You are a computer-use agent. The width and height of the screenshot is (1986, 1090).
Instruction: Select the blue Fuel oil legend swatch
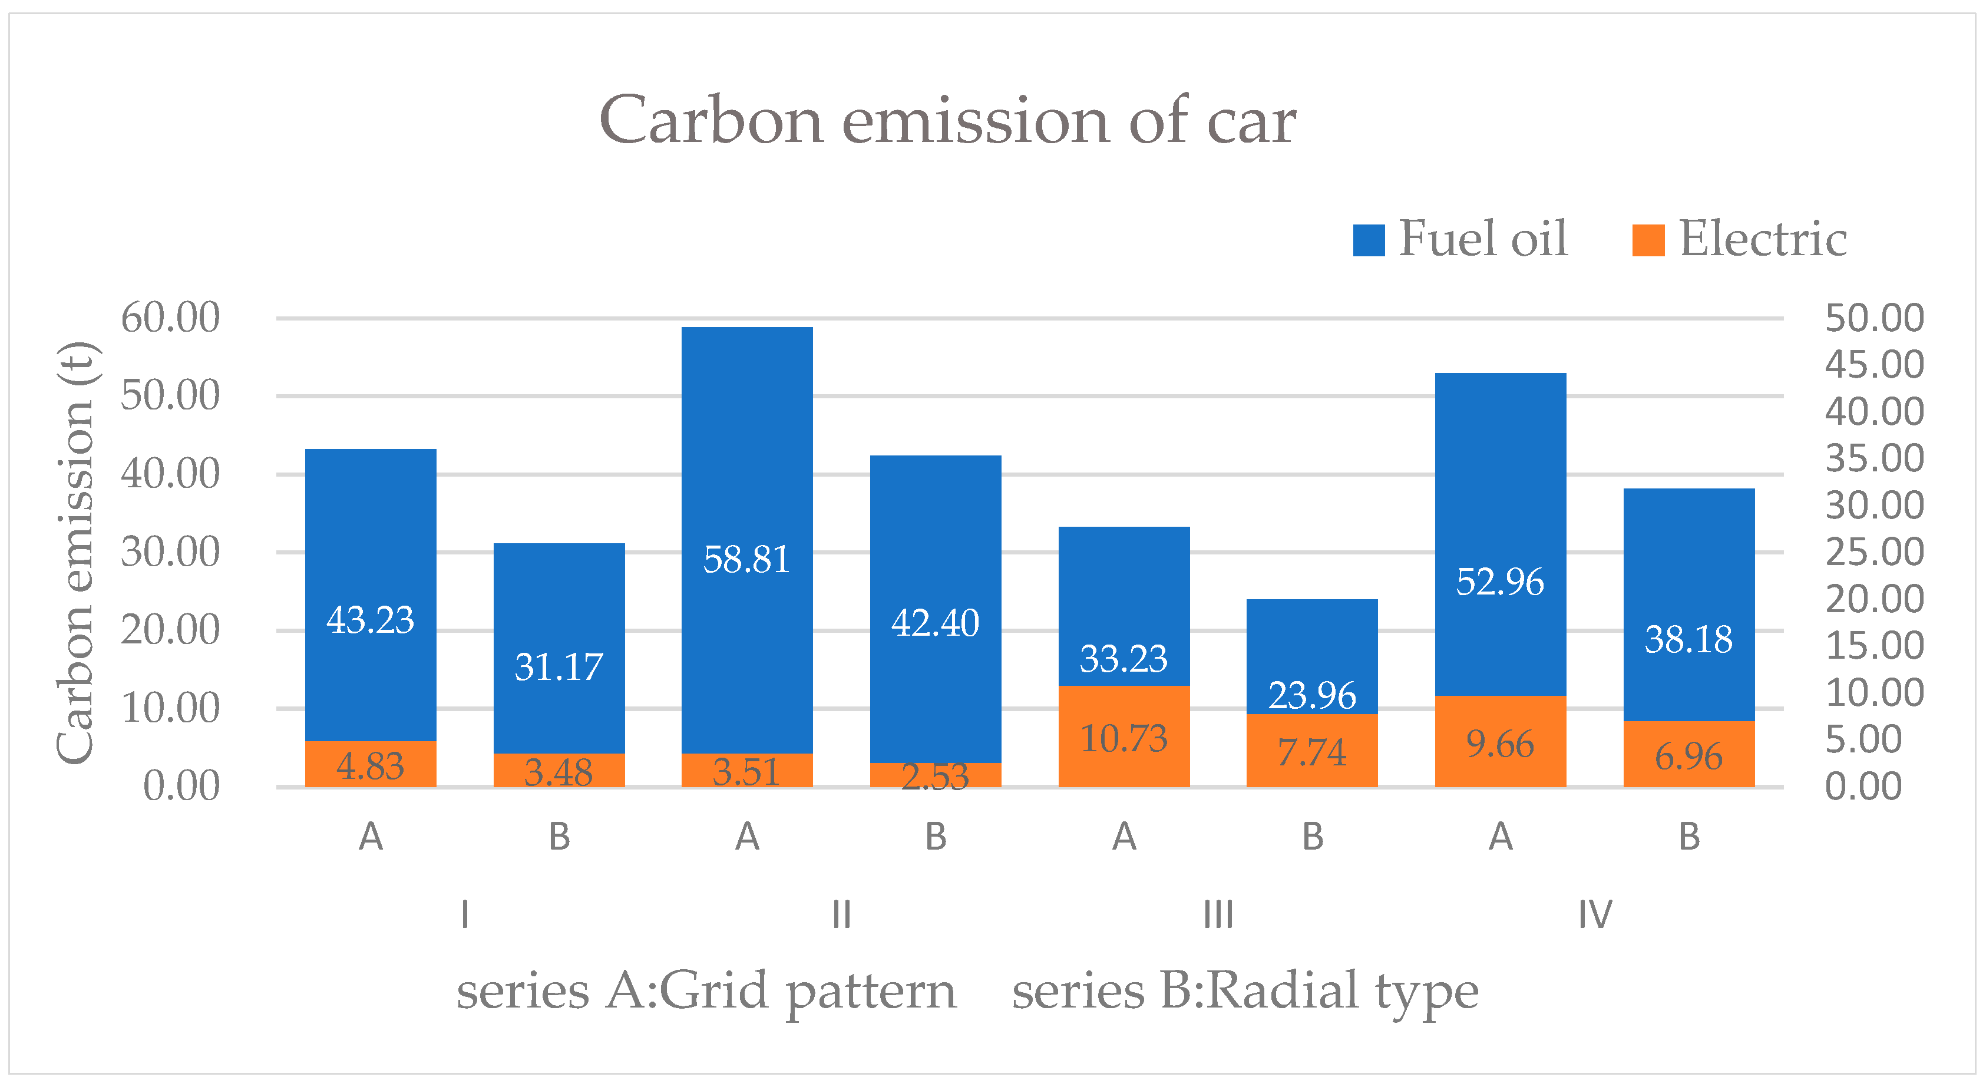pyautogui.click(x=1369, y=240)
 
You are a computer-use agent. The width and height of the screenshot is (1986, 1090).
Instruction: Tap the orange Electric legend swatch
pyautogui.click(x=1648, y=240)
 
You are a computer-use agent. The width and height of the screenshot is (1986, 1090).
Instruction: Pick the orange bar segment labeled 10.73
pyautogui.click(x=1123, y=738)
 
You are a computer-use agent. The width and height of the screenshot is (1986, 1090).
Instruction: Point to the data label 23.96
pyautogui.click(x=1311, y=695)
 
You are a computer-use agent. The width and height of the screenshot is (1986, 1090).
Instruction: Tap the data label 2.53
pyautogui.click(x=934, y=777)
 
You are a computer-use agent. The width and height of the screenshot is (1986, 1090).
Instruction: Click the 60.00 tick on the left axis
pyautogui.click(x=170, y=318)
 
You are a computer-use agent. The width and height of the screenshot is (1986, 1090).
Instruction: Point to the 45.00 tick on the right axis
pyautogui.click(x=1873, y=365)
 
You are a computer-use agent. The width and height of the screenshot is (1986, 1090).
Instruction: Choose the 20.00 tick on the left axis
pyautogui.click(x=170, y=630)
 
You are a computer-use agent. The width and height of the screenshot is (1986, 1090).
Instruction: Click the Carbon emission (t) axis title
pyautogui.click(x=75, y=552)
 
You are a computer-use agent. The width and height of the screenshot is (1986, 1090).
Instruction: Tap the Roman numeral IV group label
pyautogui.click(x=1594, y=915)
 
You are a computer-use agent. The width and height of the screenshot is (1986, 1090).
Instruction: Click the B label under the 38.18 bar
pyautogui.click(x=1688, y=837)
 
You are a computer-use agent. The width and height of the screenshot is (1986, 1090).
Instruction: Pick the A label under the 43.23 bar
pyautogui.click(x=370, y=837)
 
